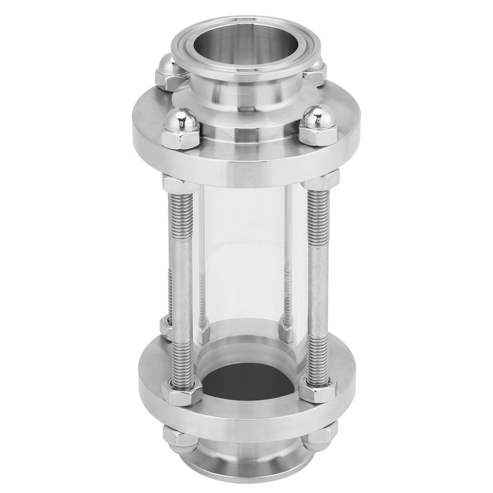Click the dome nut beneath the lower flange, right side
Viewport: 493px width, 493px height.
[315, 436]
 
